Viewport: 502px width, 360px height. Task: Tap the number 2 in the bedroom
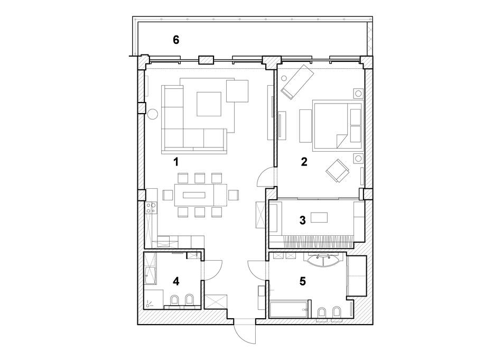coord(304,162)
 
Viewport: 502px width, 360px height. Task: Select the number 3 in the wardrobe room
coord(302,220)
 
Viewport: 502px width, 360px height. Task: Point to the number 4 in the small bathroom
coord(176,281)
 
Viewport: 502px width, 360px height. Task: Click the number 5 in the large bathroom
coord(302,281)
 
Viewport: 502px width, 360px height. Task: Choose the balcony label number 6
coord(176,40)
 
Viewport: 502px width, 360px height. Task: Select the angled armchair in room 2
coord(337,170)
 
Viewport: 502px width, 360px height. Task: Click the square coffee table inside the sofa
coord(209,104)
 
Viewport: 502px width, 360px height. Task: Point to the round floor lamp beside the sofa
coord(153,114)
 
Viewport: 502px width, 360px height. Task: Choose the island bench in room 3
coord(321,218)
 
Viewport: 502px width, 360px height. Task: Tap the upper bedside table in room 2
coord(358,94)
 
